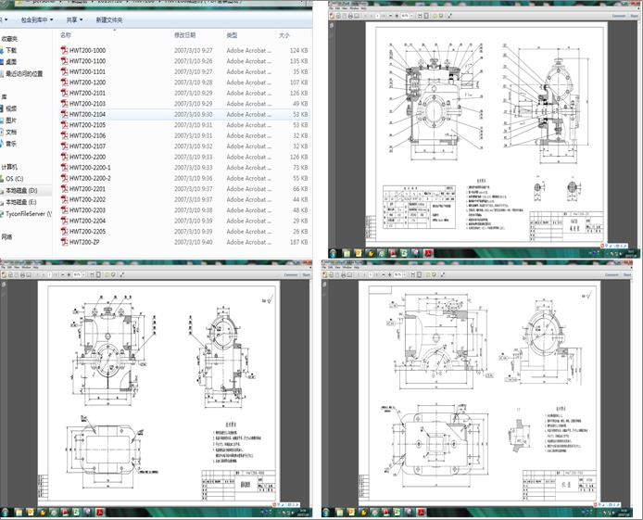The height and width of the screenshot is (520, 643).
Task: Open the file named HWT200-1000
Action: [87, 50]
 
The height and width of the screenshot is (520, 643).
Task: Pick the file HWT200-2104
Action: [87, 114]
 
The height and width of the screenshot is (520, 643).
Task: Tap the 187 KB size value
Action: [298, 242]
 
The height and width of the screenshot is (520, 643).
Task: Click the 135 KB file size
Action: [298, 61]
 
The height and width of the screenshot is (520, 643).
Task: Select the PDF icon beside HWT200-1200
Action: [64, 82]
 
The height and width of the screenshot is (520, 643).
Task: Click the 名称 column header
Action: [66, 34]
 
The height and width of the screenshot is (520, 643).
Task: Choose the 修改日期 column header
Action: [185, 34]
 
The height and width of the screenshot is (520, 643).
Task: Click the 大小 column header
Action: [284, 34]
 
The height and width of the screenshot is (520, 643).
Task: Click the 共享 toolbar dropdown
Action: [74, 19]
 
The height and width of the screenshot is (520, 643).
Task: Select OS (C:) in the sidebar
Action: [15, 178]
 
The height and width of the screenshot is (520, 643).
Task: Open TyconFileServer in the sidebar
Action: [28, 213]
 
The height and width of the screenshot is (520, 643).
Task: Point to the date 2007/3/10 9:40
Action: [194, 242]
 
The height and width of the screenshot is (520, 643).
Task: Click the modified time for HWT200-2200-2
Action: [194, 178]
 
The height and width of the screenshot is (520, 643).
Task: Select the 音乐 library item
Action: [11, 143]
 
